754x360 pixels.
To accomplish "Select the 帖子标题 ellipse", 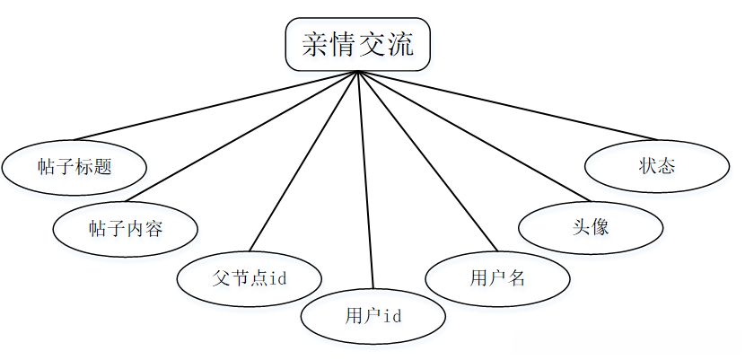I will (75, 166).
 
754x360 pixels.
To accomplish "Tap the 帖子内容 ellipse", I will (125, 228).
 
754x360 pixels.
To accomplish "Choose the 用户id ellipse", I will (373, 315).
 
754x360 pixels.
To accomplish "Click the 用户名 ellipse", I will (496, 277).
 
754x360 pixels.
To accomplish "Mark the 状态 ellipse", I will (656, 166).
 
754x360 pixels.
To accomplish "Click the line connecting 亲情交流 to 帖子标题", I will (215, 105).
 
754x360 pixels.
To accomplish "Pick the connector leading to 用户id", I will (365, 180).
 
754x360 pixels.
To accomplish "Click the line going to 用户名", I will (426, 161).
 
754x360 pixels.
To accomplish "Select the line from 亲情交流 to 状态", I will (503, 105).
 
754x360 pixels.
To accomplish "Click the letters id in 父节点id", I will (277, 277).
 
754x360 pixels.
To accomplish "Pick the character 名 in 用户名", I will (514, 277).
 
